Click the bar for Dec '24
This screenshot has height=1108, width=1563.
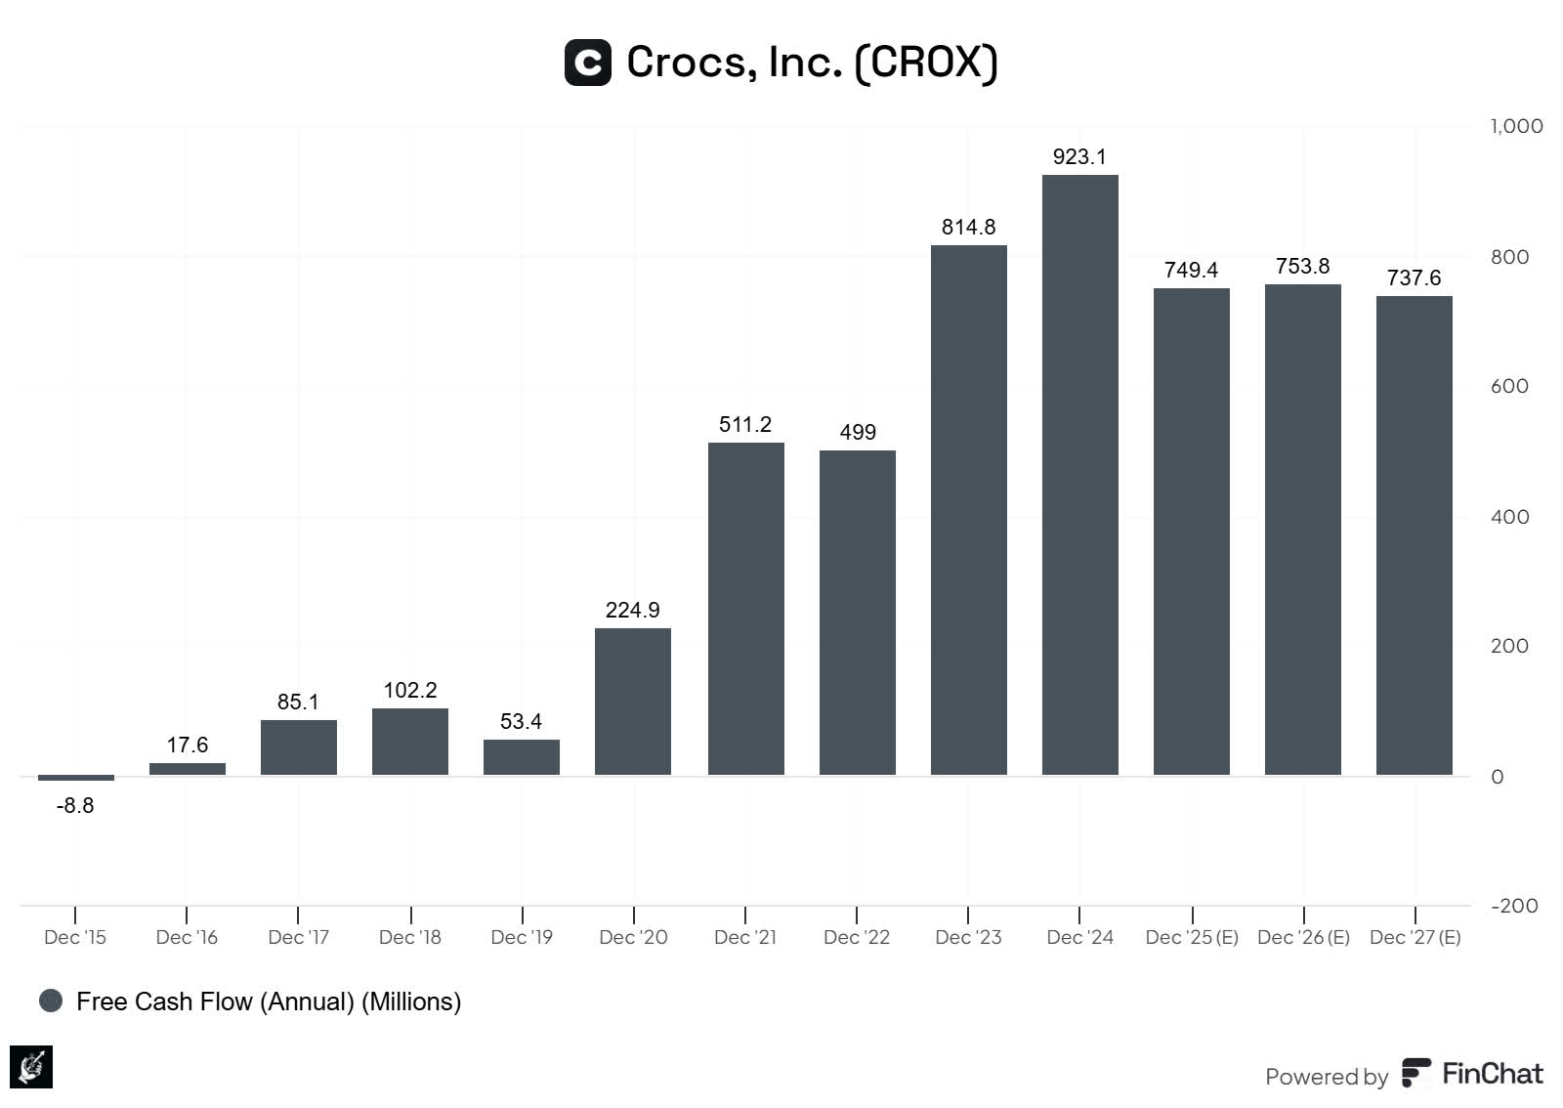click(x=1079, y=475)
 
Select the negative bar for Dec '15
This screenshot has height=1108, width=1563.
click(x=75, y=778)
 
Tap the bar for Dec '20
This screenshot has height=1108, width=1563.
click(x=633, y=702)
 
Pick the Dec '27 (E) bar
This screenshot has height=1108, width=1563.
click(x=1414, y=535)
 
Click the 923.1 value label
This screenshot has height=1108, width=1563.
click(x=1079, y=156)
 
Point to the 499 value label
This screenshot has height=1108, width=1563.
click(x=858, y=432)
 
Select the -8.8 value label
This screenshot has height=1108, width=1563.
click(x=75, y=805)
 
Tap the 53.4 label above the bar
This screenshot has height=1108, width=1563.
click(x=521, y=721)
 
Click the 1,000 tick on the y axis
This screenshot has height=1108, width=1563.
click(x=1516, y=126)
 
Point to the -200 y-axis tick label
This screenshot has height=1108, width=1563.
click(x=1514, y=906)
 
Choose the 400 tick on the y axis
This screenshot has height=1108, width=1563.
click(x=1509, y=517)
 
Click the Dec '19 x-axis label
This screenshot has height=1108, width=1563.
click(x=522, y=937)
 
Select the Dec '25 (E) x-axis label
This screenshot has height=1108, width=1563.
click(x=1192, y=937)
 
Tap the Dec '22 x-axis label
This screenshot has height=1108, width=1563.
click(x=857, y=937)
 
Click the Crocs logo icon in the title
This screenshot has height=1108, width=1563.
click(x=588, y=63)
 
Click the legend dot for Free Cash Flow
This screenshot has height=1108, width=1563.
click(x=51, y=1001)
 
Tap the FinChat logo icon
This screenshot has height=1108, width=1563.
click(x=1416, y=1073)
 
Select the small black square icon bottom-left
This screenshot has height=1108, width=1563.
click(x=31, y=1067)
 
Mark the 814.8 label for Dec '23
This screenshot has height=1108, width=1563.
click(x=968, y=227)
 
